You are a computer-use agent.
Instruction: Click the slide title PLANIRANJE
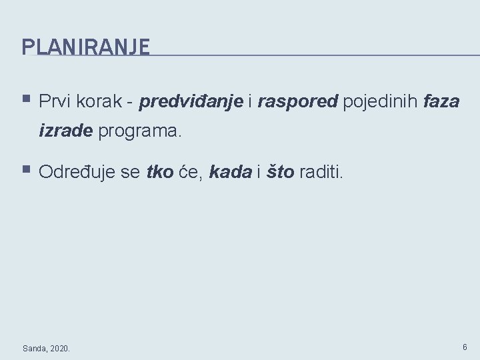click(x=86, y=47)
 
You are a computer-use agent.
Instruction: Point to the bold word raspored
click(x=298, y=102)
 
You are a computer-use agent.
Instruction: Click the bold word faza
click(x=441, y=101)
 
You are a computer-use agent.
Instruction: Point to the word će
click(x=189, y=173)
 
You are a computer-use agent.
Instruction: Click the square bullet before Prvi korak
click(x=26, y=100)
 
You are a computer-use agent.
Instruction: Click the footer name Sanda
click(x=34, y=348)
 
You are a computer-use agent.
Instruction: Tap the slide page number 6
click(x=465, y=347)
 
